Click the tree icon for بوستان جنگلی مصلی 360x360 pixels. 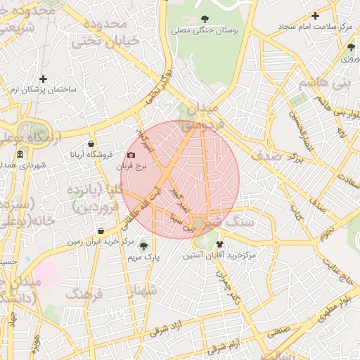pos(205,19)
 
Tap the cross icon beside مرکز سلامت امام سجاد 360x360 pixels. pos(315,15)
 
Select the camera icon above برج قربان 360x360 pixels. pos(131,155)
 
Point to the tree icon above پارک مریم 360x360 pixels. pos(144,246)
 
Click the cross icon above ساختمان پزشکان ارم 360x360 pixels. pos(44,79)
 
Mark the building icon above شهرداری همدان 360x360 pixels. pos(20,154)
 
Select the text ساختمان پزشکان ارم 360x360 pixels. pos(44,91)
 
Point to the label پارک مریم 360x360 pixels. pos(144,257)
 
